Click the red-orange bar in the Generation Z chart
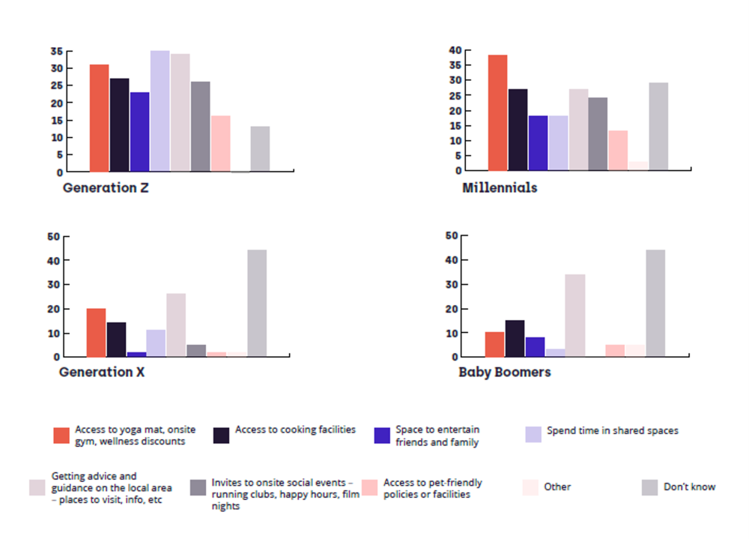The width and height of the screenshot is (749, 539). point(99,118)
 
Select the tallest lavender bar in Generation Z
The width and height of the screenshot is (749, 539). point(160,111)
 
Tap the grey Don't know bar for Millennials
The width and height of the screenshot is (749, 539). point(658,126)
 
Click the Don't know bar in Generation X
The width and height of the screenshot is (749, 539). point(257,303)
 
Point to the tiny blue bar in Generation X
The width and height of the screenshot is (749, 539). point(136,354)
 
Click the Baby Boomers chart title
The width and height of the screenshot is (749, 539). point(504,372)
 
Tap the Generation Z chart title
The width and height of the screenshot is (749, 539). point(106,187)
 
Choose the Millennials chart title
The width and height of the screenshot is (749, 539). point(500,187)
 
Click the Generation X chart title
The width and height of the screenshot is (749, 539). point(102,372)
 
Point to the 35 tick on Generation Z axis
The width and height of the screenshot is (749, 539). point(57,51)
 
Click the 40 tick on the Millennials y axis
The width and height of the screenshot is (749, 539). point(455,50)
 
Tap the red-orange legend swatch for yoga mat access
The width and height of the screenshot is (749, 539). point(61,436)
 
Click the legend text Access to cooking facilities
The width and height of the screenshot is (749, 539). point(295,430)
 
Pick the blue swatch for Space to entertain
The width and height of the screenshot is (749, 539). point(382,436)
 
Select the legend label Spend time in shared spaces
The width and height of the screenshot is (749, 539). point(612,430)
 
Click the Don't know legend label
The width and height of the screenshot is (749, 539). point(689,487)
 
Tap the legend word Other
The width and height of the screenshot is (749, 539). point(557,487)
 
